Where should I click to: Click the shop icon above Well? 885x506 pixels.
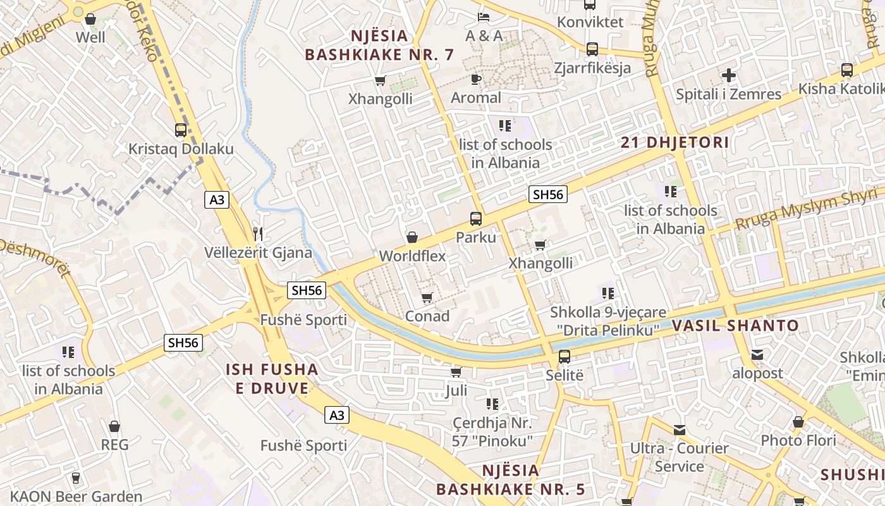90,19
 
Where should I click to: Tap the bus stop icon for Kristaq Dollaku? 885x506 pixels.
181,130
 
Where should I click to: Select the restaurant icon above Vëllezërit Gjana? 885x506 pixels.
257,233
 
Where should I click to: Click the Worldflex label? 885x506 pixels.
412,256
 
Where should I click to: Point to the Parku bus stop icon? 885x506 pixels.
476,219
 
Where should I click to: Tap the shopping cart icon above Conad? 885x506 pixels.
427,297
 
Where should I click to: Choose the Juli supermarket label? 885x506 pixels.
456,390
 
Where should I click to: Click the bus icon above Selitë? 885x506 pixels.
565,356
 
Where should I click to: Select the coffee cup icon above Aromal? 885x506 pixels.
476,79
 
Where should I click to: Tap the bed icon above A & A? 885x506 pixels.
484,17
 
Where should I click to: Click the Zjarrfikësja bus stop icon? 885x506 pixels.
592,49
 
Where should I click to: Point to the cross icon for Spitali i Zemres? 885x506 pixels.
729,76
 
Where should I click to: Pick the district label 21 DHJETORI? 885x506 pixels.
674,142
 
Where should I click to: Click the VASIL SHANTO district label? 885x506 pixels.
735,326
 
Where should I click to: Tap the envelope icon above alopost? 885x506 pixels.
757,355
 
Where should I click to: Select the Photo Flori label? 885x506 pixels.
798,440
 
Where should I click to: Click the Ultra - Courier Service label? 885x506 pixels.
680,457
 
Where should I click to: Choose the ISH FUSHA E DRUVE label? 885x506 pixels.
272,378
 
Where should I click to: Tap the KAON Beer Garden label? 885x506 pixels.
76,497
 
